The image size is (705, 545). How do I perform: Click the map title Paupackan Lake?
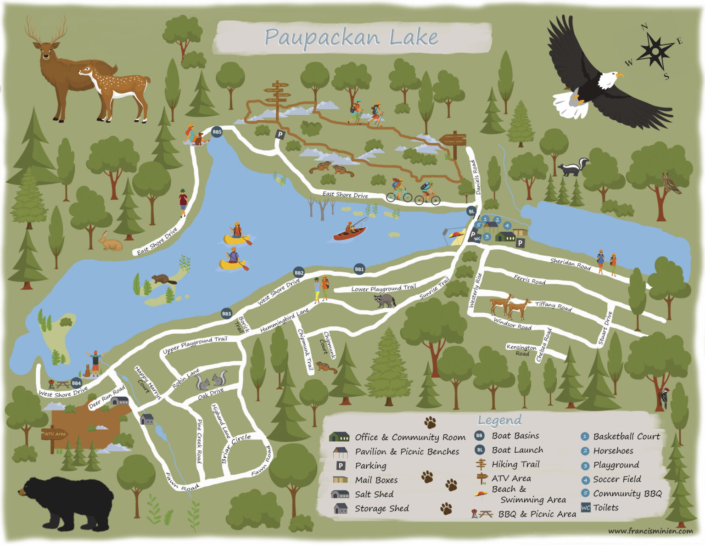coord(351,37)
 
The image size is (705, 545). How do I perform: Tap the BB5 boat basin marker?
coord(217,132)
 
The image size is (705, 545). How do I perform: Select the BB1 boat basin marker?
coord(359,270)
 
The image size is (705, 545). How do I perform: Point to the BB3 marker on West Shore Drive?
coord(226,314)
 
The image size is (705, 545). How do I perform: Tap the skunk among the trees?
coord(573,168)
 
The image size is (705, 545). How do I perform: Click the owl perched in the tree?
coord(670,183)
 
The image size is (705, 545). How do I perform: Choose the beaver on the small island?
coord(163,279)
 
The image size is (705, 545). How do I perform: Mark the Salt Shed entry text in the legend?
coord(374,494)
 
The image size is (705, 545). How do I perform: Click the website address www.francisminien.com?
coord(650,531)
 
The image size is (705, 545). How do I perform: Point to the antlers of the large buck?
coord(46,30)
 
